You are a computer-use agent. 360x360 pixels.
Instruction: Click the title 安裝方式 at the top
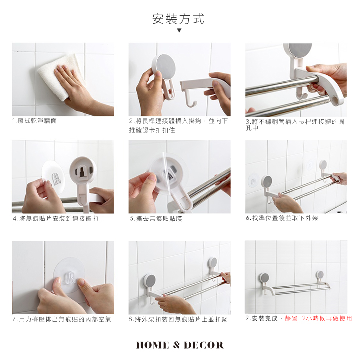pyautogui.click(x=178, y=19)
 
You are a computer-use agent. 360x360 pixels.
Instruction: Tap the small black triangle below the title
pyautogui.click(x=179, y=30)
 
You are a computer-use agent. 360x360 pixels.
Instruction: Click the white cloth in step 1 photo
pyautogui.click(x=60, y=76)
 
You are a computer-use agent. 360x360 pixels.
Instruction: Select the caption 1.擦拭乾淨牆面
pyautogui.click(x=34, y=121)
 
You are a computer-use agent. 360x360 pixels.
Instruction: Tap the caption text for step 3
pyautogui.click(x=295, y=124)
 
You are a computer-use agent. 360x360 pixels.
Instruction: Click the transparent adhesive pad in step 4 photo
pyautogui.click(x=53, y=177)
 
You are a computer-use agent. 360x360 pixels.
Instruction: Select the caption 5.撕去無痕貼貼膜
pyautogui.click(x=156, y=219)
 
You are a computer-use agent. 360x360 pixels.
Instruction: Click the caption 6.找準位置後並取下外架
pyautogui.click(x=282, y=218)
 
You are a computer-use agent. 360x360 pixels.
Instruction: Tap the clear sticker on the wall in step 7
pyautogui.click(x=69, y=275)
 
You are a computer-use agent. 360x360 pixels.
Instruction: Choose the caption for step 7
pyautogui.click(x=62, y=319)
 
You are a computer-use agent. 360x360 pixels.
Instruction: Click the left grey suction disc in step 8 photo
pyautogui.click(x=149, y=280)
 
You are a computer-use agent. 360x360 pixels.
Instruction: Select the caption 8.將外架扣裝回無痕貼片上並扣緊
pyautogui.click(x=178, y=319)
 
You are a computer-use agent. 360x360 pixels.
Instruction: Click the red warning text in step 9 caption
pyautogui.click(x=318, y=318)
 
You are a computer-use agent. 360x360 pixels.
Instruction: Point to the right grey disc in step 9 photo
pyautogui.click(x=320, y=275)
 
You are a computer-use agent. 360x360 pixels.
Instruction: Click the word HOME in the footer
pyautogui.click(x=153, y=345)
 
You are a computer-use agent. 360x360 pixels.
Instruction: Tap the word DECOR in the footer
pyautogui.click(x=203, y=345)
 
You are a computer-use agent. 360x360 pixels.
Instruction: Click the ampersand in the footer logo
pyautogui.click(x=176, y=345)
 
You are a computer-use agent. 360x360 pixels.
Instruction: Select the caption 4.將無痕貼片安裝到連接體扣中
pyautogui.click(x=59, y=219)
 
